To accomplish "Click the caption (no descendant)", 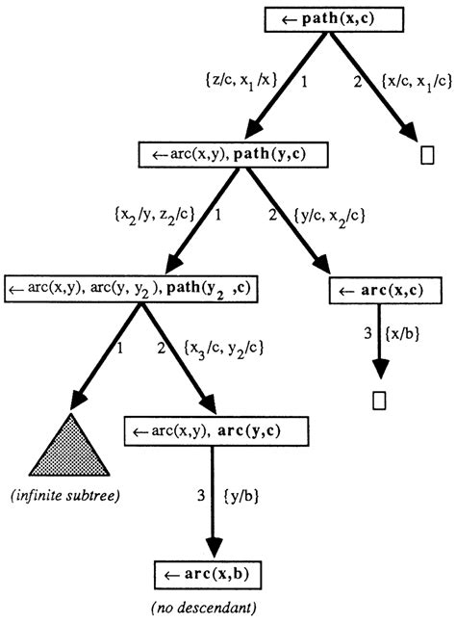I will point(209,609).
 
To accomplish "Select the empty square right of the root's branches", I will point(426,152).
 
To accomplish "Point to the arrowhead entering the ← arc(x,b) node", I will point(210,546).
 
